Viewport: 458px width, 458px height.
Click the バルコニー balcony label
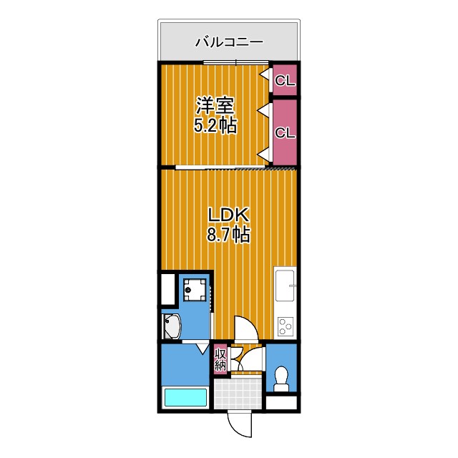point(229,42)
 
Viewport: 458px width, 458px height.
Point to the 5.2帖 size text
point(215,127)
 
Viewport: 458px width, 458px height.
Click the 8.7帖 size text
point(228,234)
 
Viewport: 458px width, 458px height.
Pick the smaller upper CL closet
point(285,81)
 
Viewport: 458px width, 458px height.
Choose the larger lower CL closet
point(285,132)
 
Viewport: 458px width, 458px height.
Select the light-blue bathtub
point(185,396)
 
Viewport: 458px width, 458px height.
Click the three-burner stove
point(286,326)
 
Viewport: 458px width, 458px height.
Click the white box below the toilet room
point(281,404)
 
